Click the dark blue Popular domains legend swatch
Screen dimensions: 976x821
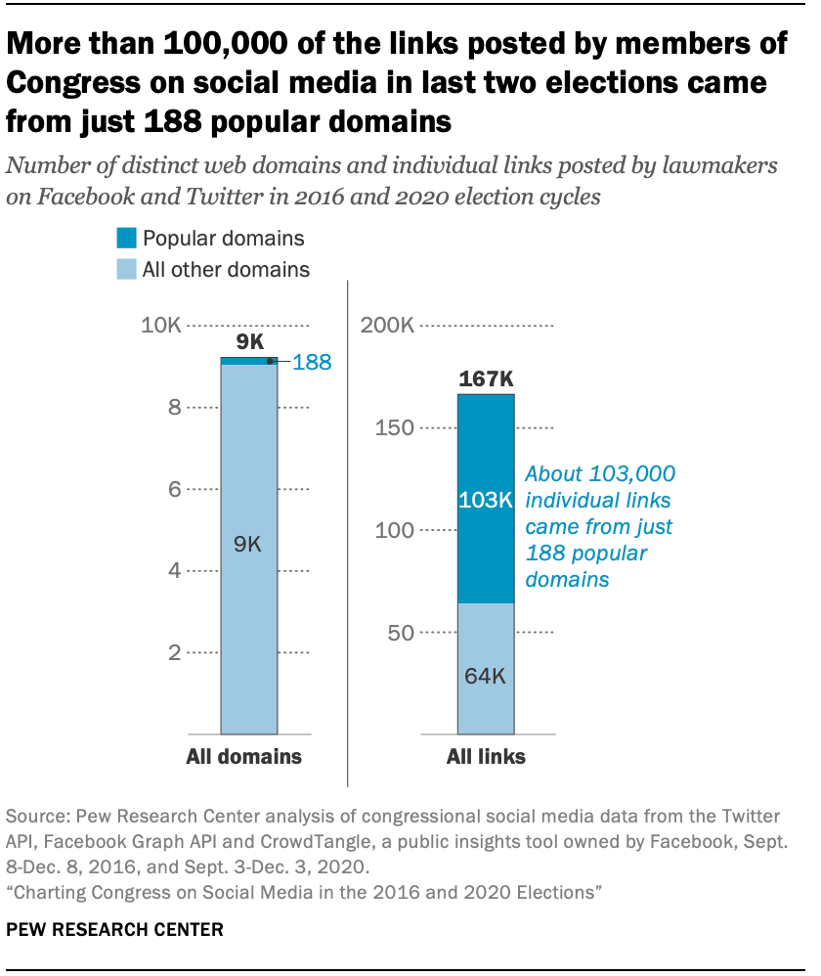click(x=126, y=238)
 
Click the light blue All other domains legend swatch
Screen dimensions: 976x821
click(x=126, y=269)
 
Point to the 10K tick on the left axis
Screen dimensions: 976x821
click(x=160, y=325)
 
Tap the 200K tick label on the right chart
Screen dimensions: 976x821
click(x=387, y=325)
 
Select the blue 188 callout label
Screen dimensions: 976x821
click(x=312, y=363)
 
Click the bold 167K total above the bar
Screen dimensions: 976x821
click(x=486, y=378)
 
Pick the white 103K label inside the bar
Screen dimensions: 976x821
click(x=486, y=500)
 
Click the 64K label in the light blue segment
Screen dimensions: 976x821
click(x=486, y=676)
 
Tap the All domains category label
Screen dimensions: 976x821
click(x=244, y=757)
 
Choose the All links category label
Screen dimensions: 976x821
click(x=486, y=757)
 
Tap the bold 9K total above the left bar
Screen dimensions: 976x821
click(x=250, y=341)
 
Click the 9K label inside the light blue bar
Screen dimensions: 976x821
click(x=248, y=545)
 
